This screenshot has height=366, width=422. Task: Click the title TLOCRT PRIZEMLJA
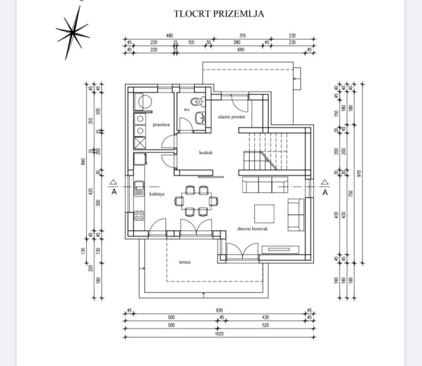[x=219, y=14]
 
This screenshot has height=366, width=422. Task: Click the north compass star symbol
[x=73, y=33]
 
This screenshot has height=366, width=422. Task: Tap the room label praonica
[x=161, y=125]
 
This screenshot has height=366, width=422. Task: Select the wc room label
[x=187, y=110]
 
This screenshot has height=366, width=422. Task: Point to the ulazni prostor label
[x=232, y=117]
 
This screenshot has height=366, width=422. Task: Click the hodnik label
[x=206, y=152]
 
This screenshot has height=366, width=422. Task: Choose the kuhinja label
[x=156, y=194]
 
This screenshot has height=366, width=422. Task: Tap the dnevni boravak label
[x=252, y=229]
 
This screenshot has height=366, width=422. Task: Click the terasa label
[x=185, y=262]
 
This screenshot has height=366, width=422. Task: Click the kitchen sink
[x=139, y=188]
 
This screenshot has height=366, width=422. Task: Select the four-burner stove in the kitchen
[x=139, y=215]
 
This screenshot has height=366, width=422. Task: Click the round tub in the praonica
[x=143, y=101]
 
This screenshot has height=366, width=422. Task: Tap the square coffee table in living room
[x=264, y=213]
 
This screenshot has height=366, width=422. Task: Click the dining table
[x=197, y=201]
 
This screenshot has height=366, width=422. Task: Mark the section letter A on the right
[x=325, y=193]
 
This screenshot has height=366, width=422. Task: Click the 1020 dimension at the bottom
[x=219, y=334]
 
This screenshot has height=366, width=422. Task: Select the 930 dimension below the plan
[x=219, y=310]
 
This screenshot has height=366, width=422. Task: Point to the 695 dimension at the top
[x=241, y=49]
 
